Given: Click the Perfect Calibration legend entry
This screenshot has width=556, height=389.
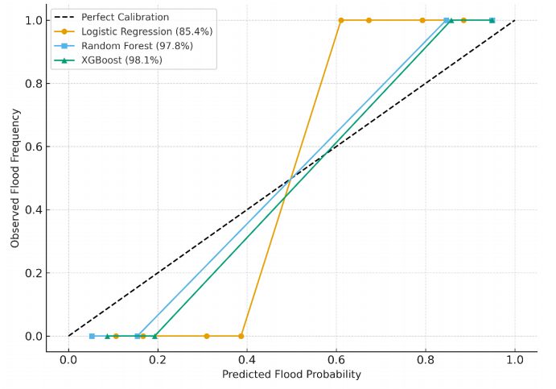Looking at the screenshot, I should pos(125,17).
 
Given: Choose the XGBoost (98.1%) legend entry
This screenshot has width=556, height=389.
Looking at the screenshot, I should pos(110,60).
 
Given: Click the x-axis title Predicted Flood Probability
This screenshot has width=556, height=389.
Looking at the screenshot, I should pos(291,375).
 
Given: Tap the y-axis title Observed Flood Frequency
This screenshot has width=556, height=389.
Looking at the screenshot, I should pos(14,178).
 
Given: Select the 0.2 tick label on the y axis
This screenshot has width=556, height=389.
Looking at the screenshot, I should pos(34,273).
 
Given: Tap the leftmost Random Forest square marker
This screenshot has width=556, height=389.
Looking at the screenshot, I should pos(92,336).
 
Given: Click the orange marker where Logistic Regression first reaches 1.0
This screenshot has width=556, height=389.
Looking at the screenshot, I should pos(340,20).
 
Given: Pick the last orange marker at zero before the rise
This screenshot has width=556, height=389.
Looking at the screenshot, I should pos(241,336).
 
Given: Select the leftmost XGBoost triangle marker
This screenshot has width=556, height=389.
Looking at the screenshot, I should pos(107,336).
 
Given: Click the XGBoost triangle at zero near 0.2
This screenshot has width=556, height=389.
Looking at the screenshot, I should pos(155,336).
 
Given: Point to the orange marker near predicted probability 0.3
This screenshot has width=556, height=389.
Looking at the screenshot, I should pos(207,336).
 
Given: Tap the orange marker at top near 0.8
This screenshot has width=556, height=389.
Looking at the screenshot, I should pos(422,20).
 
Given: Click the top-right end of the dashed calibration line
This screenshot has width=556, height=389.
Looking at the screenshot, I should pos(514,20).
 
